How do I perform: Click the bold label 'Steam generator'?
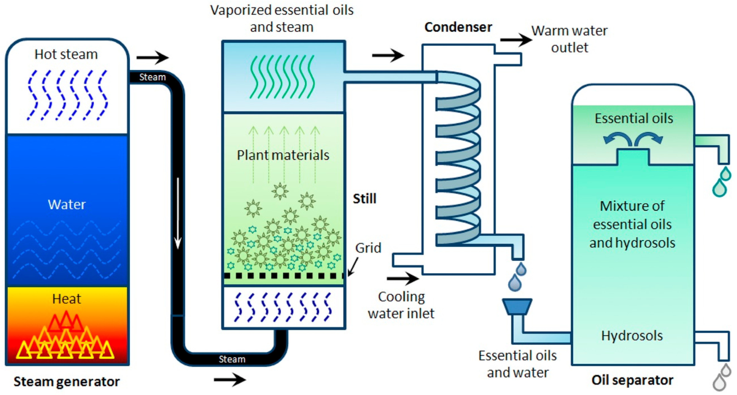[x=67, y=381]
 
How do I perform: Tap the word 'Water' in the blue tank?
[x=67, y=204]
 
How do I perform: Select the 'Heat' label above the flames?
[x=67, y=299]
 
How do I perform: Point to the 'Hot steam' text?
[x=66, y=54]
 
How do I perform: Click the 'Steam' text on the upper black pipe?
[x=153, y=77]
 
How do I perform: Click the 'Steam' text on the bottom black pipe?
[x=232, y=359]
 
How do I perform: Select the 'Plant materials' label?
[x=283, y=155]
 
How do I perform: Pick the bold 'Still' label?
[x=364, y=198]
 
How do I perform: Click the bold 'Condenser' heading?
[x=458, y=27]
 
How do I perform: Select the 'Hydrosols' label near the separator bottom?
[x=632, y=336]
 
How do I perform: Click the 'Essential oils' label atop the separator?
[x=634, y=118]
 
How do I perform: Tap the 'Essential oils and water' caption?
[x=518, y=364]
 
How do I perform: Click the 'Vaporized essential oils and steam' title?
[x=282, y=18]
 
